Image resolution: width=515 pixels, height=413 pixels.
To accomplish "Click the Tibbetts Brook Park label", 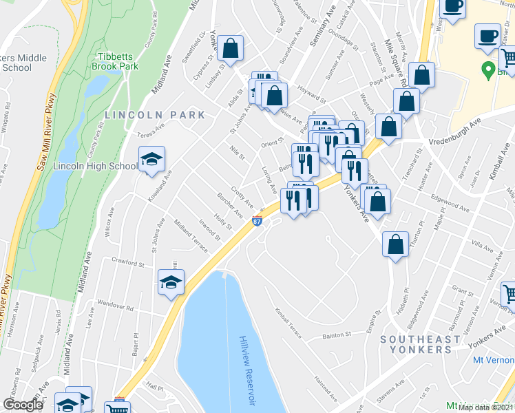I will (116, 61).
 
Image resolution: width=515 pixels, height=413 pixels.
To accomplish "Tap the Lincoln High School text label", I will (95, 167).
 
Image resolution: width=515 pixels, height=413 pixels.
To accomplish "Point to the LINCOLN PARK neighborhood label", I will (155, 115).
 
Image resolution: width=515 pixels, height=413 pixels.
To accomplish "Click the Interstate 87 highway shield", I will (257, 222).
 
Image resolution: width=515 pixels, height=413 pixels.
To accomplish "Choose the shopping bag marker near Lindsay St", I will (232, 49).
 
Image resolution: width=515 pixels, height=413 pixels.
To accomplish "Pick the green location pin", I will (488, 70).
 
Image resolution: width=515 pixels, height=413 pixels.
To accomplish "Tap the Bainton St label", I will (337, 335).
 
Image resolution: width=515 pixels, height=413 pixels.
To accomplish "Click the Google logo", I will (23, 405).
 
